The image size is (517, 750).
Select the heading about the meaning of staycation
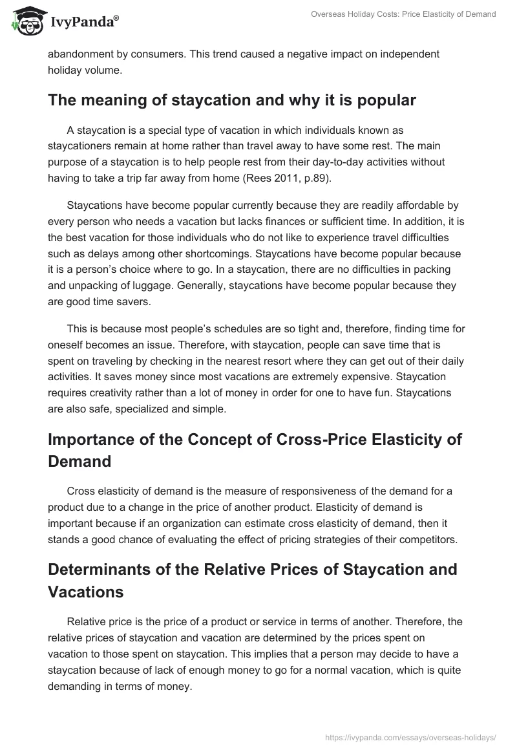[x=232, y=100]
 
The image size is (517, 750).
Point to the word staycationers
[x=84, y=145]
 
